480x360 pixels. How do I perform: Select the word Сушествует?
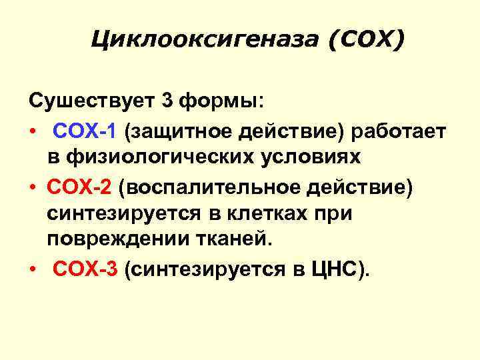(x=90, y=101)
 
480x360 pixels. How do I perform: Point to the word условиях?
(x=317, y=157)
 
